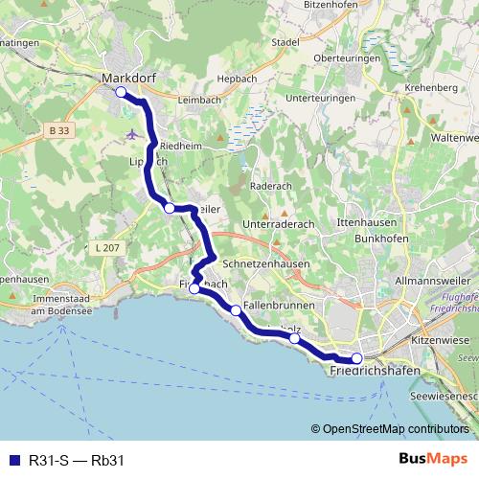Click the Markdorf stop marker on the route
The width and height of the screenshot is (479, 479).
click(121, 92)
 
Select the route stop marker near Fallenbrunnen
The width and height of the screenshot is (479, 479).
click(236, 309)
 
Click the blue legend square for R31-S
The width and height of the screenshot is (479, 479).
click(11, 461)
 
